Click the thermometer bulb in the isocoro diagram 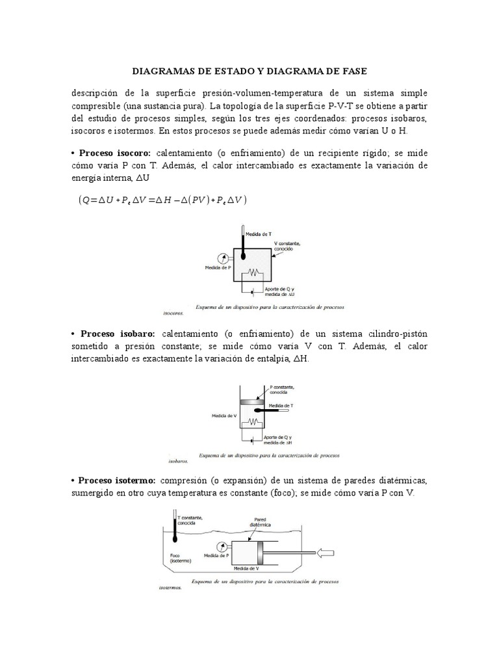242,256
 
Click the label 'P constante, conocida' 285,390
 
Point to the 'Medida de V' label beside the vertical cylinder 224,414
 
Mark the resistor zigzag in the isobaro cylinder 254,422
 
